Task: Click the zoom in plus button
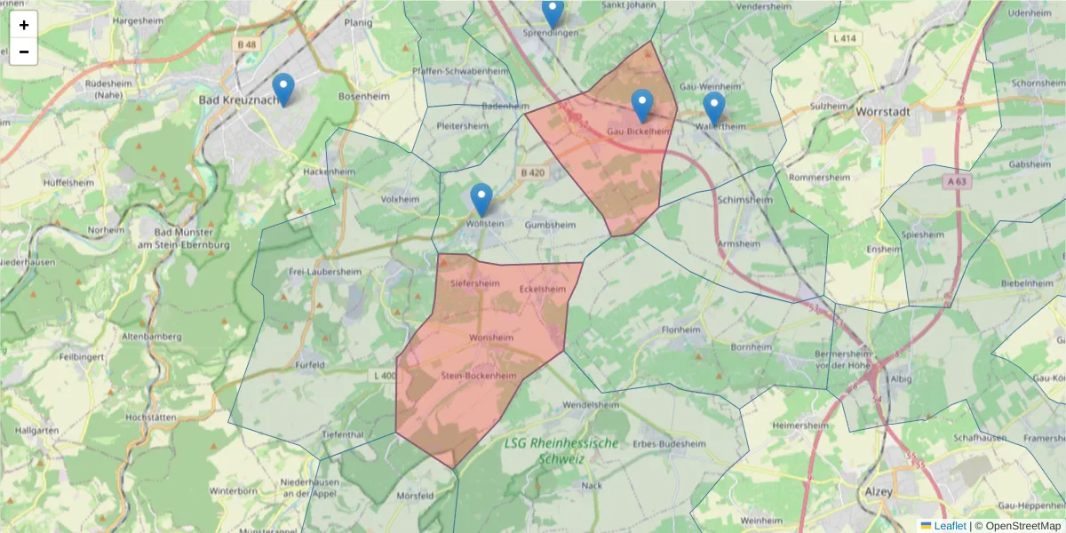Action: pyautogui.click(x=24, y=25)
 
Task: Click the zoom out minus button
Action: pyautogui.click(x=24, y=52)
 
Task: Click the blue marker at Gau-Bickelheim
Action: pyautogui.click(x=642, y=106)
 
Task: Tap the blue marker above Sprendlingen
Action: pyautogui.click(x=553, y=12)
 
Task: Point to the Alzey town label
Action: pyautogui.click(x=878, y=490)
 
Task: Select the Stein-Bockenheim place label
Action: pyautogui.click(x=479, y=376)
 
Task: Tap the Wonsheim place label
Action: pyautogui.click(x=491, y=338)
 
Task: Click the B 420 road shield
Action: pyautogui.click(x=532, y=172)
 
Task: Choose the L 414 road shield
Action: pyautogui.click(x=845, y=38)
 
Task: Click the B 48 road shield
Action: pyautogui.click(x=246, y=44)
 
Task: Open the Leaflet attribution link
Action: pyautogui.click(x=950, y=526)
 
